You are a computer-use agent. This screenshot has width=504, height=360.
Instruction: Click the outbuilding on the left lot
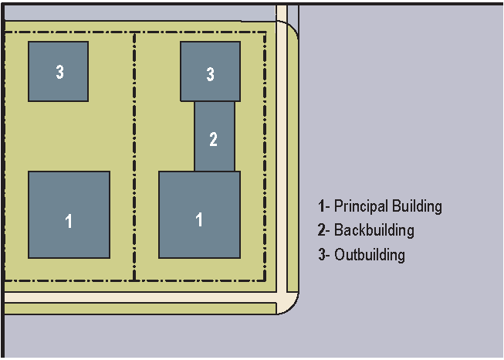click(58, 71)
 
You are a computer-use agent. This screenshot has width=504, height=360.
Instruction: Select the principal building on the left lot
click(69, 214)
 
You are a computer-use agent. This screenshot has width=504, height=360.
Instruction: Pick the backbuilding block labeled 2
click(214, 136)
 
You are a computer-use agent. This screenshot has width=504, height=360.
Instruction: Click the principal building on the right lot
click(199, 214)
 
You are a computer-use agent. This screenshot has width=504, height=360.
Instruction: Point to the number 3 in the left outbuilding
click(59, 72)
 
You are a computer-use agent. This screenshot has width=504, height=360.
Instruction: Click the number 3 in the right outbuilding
click(210, 74)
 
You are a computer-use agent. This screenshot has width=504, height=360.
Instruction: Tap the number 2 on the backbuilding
click(214, 140)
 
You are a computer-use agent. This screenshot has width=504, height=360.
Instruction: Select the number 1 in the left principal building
click(69, 222)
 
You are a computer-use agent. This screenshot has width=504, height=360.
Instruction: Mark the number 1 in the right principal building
click(199, 219)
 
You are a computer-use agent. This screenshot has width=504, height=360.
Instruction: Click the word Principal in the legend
click(361, 206)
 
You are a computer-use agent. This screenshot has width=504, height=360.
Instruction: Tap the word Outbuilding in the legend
click(370, 254)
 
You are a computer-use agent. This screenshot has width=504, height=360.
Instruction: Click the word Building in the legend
click(417, 206)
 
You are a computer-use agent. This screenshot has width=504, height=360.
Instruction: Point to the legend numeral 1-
click(323, 206)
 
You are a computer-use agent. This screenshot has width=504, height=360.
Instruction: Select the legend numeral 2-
click(323, 230)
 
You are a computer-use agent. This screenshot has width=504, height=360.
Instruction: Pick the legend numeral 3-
click(323, 254)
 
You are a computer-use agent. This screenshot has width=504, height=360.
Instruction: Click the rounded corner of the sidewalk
click(290, 303)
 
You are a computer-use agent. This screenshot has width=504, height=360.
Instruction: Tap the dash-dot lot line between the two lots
click(135, 155)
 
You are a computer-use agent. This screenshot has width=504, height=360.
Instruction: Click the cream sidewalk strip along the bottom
click(139, 297)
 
